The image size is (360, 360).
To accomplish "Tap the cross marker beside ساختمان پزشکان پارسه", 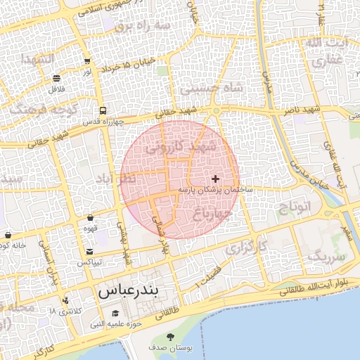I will pos(215,179).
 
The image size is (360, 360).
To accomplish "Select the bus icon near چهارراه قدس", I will pos(103,110).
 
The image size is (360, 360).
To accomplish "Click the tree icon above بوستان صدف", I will pos(168,338).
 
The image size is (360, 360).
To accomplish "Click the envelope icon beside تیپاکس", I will pos(89,252).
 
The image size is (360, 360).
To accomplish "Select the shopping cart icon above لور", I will pos(86,61).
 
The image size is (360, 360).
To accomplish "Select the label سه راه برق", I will pos(143,25).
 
